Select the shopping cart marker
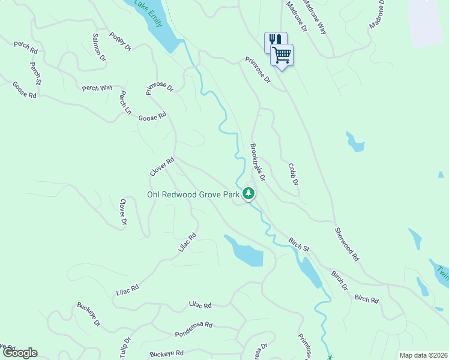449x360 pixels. (x=282, y=55)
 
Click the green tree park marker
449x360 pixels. (x=249, y=194)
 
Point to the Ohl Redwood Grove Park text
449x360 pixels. (x=193, y=194)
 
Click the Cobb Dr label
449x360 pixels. (x=293, y=174)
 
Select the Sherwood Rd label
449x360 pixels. (x=347, y=244)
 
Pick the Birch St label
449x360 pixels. (x=298, y=244)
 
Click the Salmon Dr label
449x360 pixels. (x=99, y=48)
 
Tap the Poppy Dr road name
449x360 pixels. (x=120, y=41)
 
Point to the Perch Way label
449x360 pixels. (x=97, y=88)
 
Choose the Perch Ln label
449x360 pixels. (x=125, y=102)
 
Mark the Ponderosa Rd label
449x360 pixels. (x=194, y=328)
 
